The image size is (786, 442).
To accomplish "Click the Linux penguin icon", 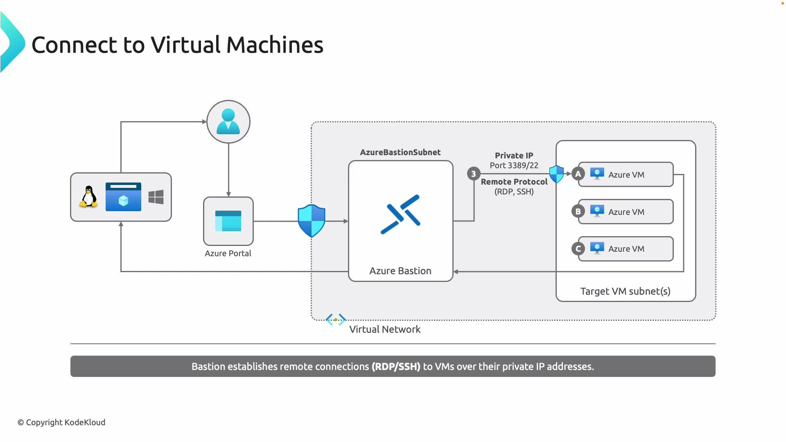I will pos(88,197).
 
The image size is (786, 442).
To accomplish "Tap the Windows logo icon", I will pos(156,197).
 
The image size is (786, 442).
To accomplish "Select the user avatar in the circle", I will pos(228,122).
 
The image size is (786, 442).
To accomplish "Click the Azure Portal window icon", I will pos(228,221).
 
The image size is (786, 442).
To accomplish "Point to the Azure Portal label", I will pos(228,253).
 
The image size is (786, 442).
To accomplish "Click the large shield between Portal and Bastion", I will pos(312,221).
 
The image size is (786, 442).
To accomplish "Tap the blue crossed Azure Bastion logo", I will pos(400,214).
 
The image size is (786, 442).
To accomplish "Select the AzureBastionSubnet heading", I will pos(400,152).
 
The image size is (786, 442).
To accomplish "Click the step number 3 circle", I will pos(474,174).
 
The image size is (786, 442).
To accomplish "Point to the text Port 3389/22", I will pos(514,165).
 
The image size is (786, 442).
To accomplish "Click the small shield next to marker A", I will pos(556,174).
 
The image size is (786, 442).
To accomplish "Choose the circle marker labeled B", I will pos(578,212).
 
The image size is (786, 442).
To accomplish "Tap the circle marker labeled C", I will pos(578,249).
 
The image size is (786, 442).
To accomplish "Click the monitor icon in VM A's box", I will pos(597,174).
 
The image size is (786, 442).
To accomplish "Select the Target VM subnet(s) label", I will pos(625,291).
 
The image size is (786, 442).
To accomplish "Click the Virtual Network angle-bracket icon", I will pos(336,320).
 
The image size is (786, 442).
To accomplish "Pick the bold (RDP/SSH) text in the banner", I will pos(396,367).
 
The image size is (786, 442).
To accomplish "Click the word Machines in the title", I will pos(275,45).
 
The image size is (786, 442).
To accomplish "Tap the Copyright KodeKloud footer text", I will pos(61,422).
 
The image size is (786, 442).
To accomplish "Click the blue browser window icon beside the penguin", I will pos(123,197).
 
